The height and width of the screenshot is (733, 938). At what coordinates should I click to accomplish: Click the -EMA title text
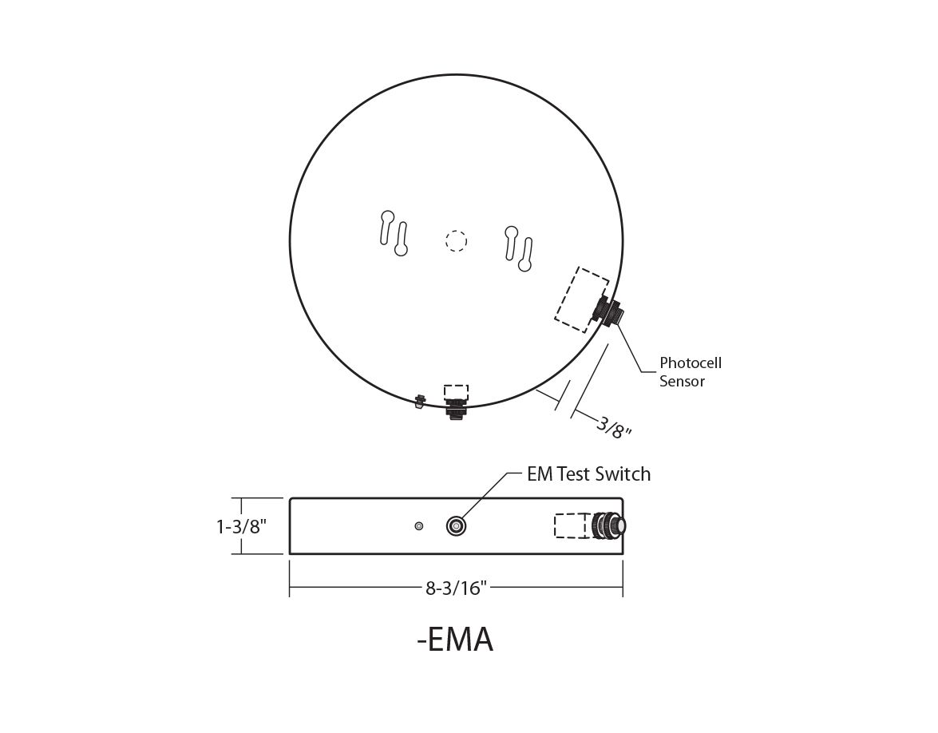455,640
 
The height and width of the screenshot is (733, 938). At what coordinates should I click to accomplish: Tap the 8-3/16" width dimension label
456,588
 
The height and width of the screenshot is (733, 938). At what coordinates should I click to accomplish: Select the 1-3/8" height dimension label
241,526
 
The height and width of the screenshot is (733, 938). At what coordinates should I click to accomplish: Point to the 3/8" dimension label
614,426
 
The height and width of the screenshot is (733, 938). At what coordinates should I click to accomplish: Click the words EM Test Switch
588,474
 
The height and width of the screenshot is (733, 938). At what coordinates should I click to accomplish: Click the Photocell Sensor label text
690,372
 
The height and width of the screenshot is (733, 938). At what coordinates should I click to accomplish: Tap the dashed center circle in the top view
456,240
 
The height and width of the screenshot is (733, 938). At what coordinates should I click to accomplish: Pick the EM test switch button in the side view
457,526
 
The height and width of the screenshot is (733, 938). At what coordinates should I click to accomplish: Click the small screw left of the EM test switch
419,526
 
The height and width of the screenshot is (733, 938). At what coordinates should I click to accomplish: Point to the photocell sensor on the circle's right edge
610,311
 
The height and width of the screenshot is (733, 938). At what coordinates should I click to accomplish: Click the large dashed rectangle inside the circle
582,299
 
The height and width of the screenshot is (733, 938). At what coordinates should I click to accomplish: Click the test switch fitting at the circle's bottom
456,408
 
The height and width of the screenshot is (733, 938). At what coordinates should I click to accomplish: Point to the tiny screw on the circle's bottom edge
418,400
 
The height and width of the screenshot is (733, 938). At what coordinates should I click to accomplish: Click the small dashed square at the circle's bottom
456,391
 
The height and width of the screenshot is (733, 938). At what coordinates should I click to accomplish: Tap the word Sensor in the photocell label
682,382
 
